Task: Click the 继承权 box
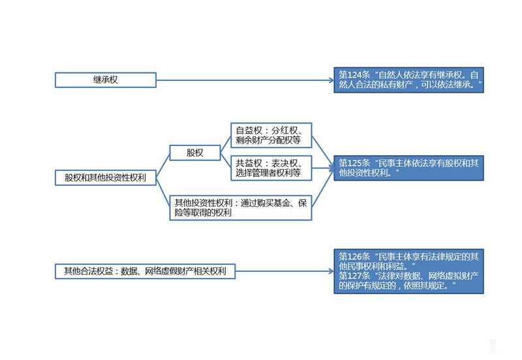106,80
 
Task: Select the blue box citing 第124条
408,80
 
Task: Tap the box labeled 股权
195,153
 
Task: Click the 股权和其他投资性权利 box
106,177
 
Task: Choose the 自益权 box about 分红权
271,135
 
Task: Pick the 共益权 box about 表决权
271,168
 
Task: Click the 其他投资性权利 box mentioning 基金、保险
240,208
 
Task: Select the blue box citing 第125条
408,168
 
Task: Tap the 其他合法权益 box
145,271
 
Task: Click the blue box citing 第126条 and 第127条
408,271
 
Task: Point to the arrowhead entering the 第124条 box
331,80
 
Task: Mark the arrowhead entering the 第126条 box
331,271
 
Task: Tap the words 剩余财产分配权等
268,140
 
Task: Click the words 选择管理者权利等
268,173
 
